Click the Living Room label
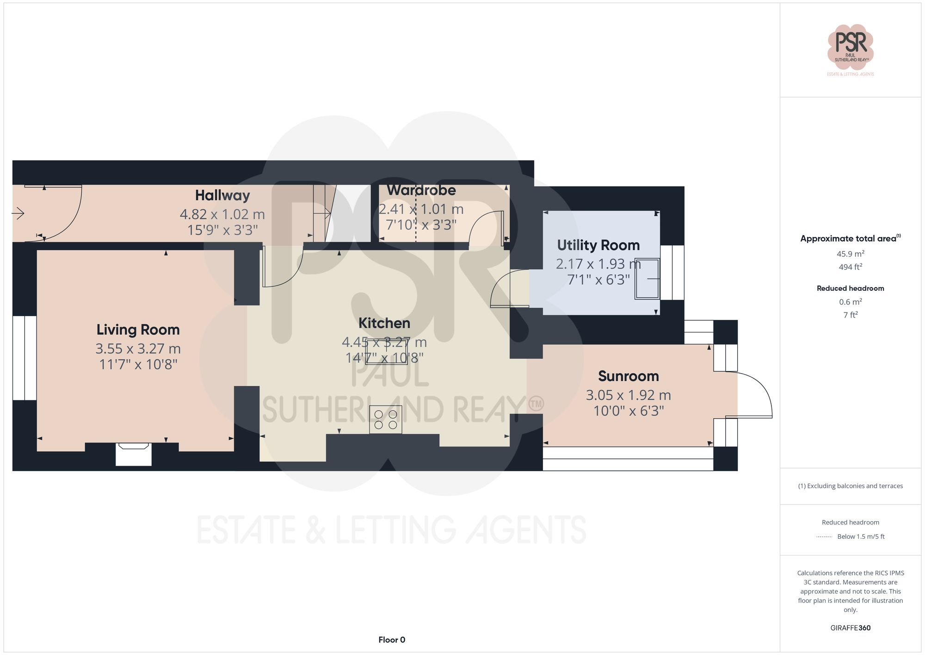pos(138,330)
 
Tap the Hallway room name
pos(222,195)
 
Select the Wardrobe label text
pos(421,190)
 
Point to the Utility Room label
pos(598,245)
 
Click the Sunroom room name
pos(628,376)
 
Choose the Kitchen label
pos(384,323)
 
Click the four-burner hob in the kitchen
pos(386,419)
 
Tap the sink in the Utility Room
pos(647,279)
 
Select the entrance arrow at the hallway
pos(18,213)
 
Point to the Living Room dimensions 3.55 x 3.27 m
pos(138,349)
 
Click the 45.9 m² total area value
pos(850,254)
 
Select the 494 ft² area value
pos(850,267)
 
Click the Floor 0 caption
pos(392,640)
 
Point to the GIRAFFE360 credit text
pos(850,628)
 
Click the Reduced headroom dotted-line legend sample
pos(824,537)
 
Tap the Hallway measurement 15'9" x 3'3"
pos(222,230)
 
